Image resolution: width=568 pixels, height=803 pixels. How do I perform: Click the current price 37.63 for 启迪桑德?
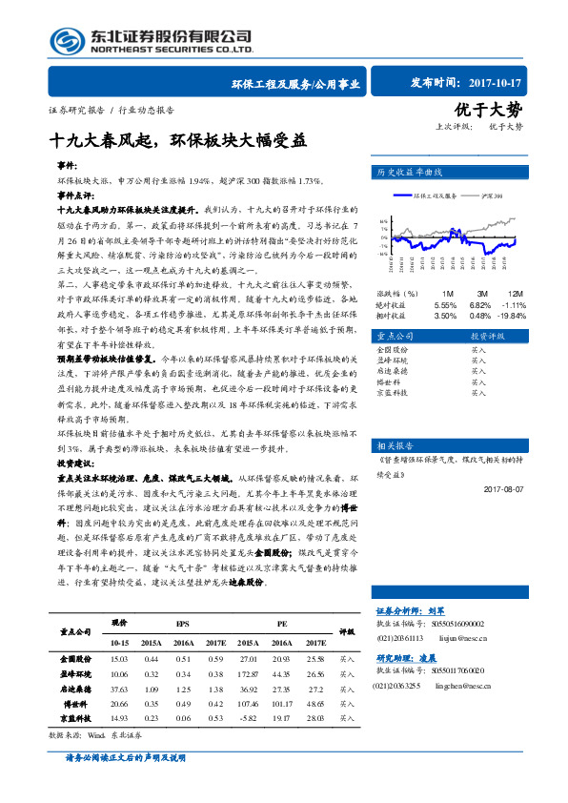coord(119,687)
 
